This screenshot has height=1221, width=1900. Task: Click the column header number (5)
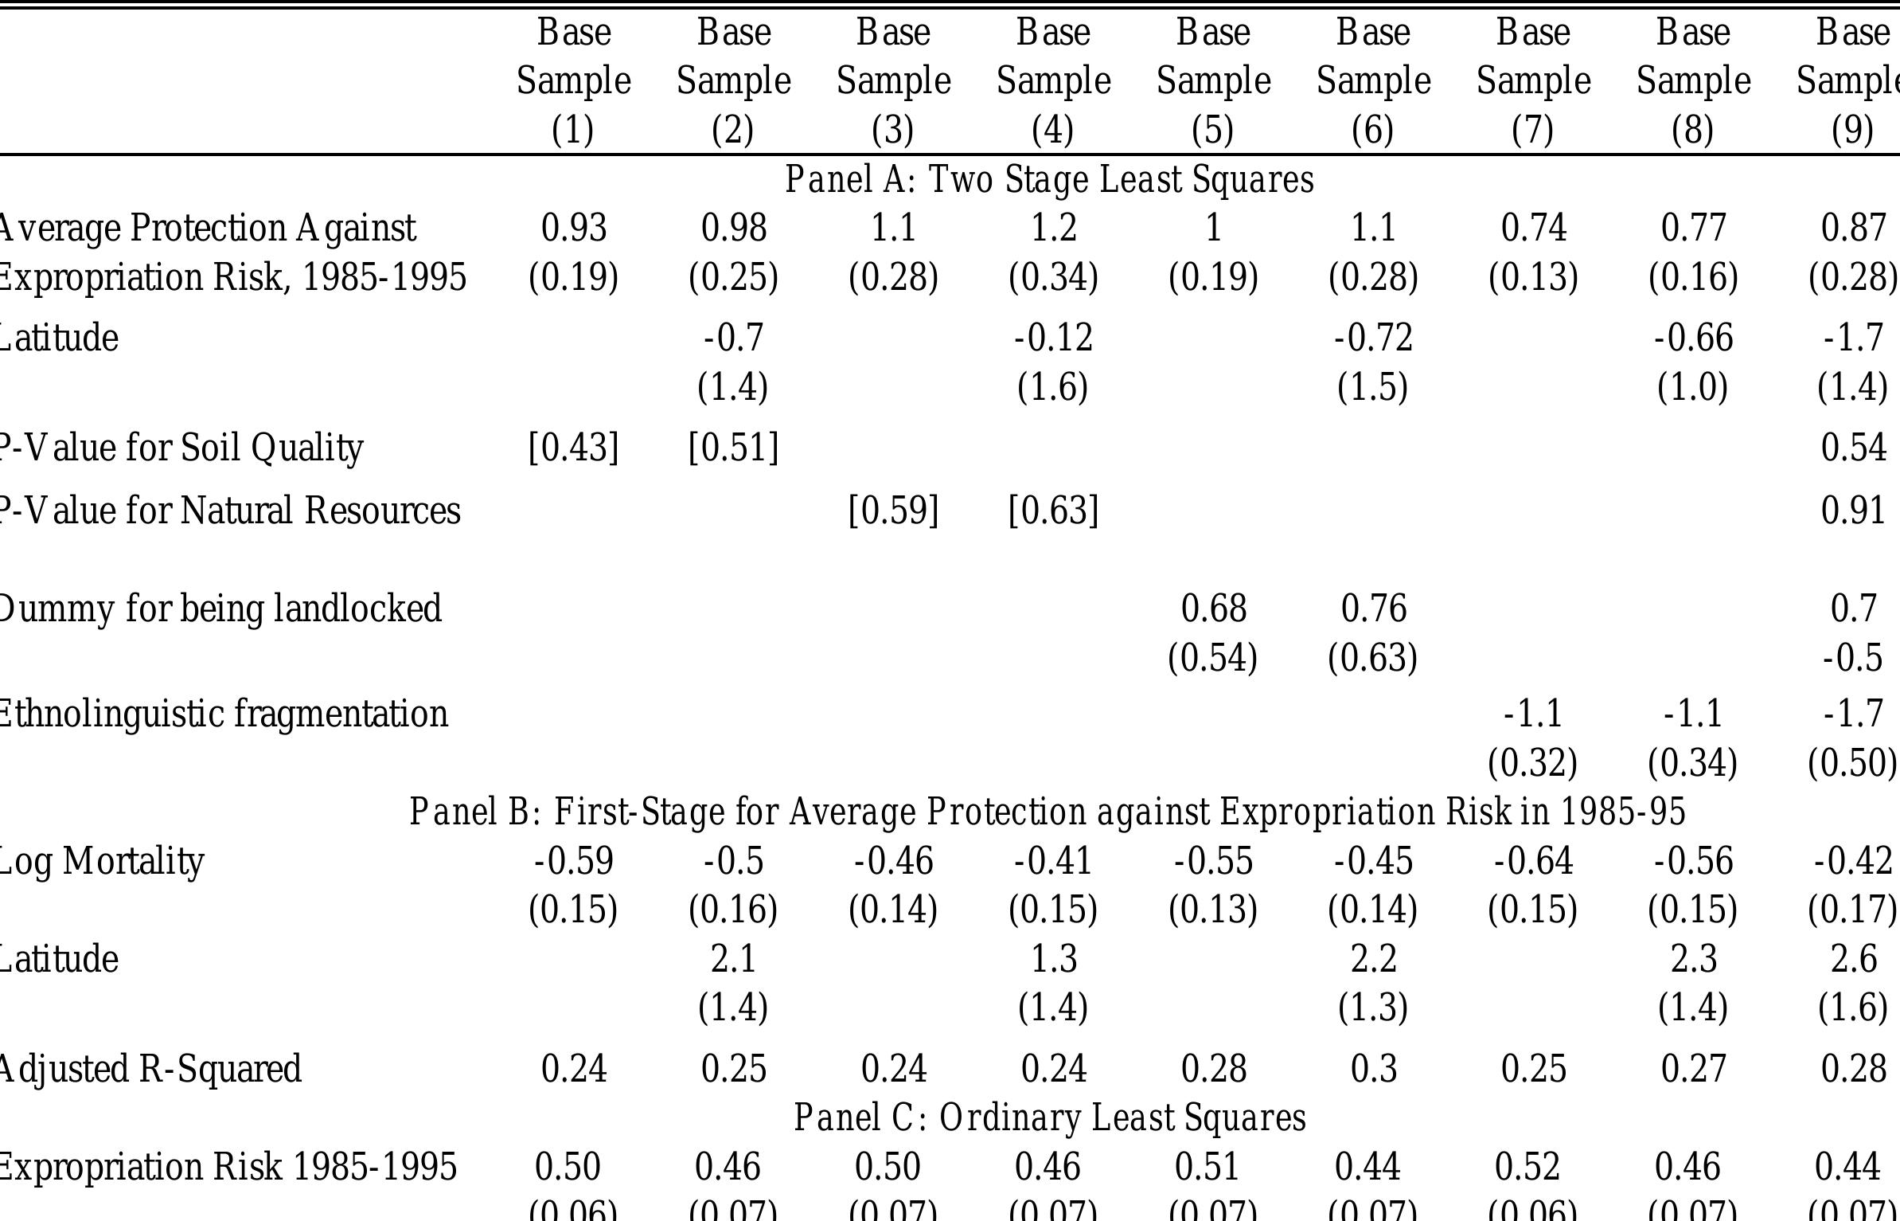pyautogui.click(x=1212, y=130)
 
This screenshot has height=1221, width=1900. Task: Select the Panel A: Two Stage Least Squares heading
pyautogui.click(x=1048, y=179)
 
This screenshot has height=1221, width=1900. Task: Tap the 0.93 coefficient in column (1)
pyautogui.click(x=573, y=229)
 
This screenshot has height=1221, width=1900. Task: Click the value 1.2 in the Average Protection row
pyautogui.click(x=1053, y=229)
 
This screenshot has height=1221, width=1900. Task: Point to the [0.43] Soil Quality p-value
pyautogui.click(x=573, y=447)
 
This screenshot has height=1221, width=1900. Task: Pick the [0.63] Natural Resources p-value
pyautogui.click(x=1053, y=510)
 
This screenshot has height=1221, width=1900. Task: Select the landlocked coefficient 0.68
pyautogui.click(x=1213, y=609)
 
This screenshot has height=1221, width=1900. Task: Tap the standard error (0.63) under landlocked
pyautogui.click(x=1372, y=658)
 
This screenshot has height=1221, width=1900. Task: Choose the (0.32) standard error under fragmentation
pyautogui.click(x=1532, y=762)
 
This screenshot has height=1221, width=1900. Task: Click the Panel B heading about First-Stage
pyautogui.click(x=1047, y=812)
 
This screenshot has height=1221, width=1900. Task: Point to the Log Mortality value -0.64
pyautogui.click(x=1533, y=861)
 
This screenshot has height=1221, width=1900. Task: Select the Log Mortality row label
pyautogui.click(x=101, y=861)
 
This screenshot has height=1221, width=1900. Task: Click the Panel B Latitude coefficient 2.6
pyautogui.click(x=1853, y=958)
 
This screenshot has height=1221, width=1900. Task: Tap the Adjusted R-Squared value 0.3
pyautogui.click(x=1373, y=1068)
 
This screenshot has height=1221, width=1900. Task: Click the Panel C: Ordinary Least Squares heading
pyautogui.click(x=1049, y=1117)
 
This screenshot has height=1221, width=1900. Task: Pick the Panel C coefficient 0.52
pyautogui.click(x=1527, y=1167)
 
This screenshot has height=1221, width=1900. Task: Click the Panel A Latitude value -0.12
pyautogui.click(x=1053, y=338)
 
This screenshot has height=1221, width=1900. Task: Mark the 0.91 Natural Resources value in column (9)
pyautogui.click(x=1853, y=510)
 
